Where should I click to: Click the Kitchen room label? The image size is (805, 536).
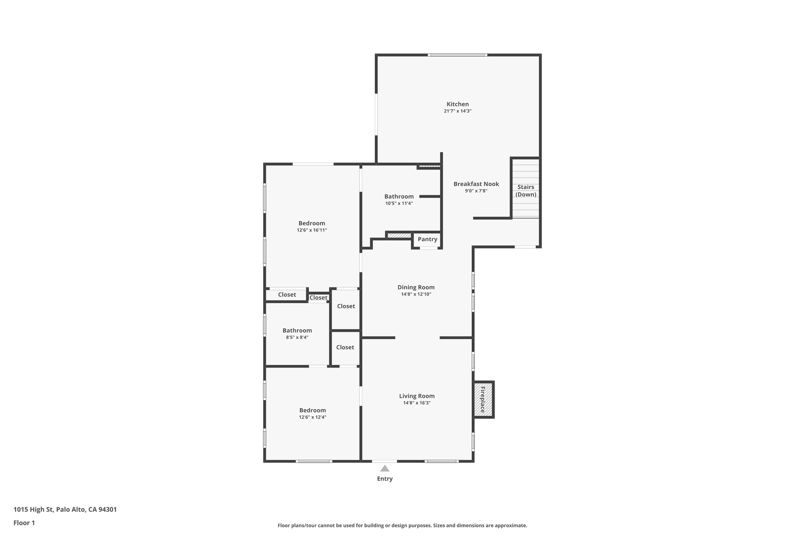click(458, 104)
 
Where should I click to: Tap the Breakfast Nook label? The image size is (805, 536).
click(476, 184)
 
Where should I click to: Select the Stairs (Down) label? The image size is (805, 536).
click(526, 190)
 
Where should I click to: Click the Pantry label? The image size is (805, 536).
click(427, 239)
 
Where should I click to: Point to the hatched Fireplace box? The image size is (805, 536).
click(483, 399)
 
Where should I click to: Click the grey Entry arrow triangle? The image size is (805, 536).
click(385, 468)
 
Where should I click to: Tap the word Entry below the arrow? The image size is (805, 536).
click(385, 479)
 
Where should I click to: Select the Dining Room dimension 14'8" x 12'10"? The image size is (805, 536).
click(416, 294)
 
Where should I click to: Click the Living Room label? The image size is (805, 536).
click(417, 396)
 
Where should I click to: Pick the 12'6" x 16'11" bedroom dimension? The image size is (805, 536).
click(312, 230)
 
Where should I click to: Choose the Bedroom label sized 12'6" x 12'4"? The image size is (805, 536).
click(312, 410)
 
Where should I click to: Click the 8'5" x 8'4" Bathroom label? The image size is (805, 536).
click(297, 330)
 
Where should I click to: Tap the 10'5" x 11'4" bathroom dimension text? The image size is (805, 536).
click(399, 203)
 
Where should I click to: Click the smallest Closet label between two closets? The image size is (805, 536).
click(318, 298)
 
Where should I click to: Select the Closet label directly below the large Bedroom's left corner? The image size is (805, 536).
click(287, 295)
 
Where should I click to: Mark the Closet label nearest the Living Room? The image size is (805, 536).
click(345, 347)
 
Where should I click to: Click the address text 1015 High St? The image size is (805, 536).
click(65, 509)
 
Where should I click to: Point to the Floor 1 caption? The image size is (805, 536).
click(24, 523)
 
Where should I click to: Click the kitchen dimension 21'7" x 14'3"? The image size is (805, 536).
click(458, 111)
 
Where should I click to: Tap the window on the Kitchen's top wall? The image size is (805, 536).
click(458, 55)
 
